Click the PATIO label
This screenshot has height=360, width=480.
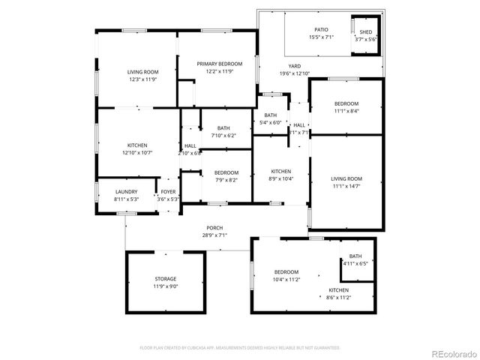pyautogui.click(x=321, y=29)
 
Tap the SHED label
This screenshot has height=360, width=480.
pyautogui.click(x=365, y=32)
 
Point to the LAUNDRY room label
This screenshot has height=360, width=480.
pyautogui.click(x=126, y=191)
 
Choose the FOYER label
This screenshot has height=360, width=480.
pyautogui.click(x=168, y=191)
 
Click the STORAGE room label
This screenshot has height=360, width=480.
pyautogui.click(x=166, y=279)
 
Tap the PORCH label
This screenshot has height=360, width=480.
pyautogui.click(x=215, y=228)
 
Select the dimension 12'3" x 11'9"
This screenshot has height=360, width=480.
pyautogui.click(x=142, y=79)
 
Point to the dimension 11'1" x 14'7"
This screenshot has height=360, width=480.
pyautogui.click(x=346, y=186)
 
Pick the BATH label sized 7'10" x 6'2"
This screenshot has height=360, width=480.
pyautogui.click(x=223, y=128)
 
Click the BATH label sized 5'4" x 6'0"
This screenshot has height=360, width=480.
pyautogui.click(x=270, y=115)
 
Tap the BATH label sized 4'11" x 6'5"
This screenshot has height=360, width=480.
pyautogui.click(x=355, y=256)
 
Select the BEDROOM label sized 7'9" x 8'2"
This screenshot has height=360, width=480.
pyautogui.click(x=226, y=172)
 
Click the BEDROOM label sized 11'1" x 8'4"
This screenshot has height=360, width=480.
pyautogui.click(x=346, y=103)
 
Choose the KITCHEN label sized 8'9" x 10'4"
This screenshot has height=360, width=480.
pyautogui.click(x=280, y=171)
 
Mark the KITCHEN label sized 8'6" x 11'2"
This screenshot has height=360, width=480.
pyautogui.click(x=339, y=289)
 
